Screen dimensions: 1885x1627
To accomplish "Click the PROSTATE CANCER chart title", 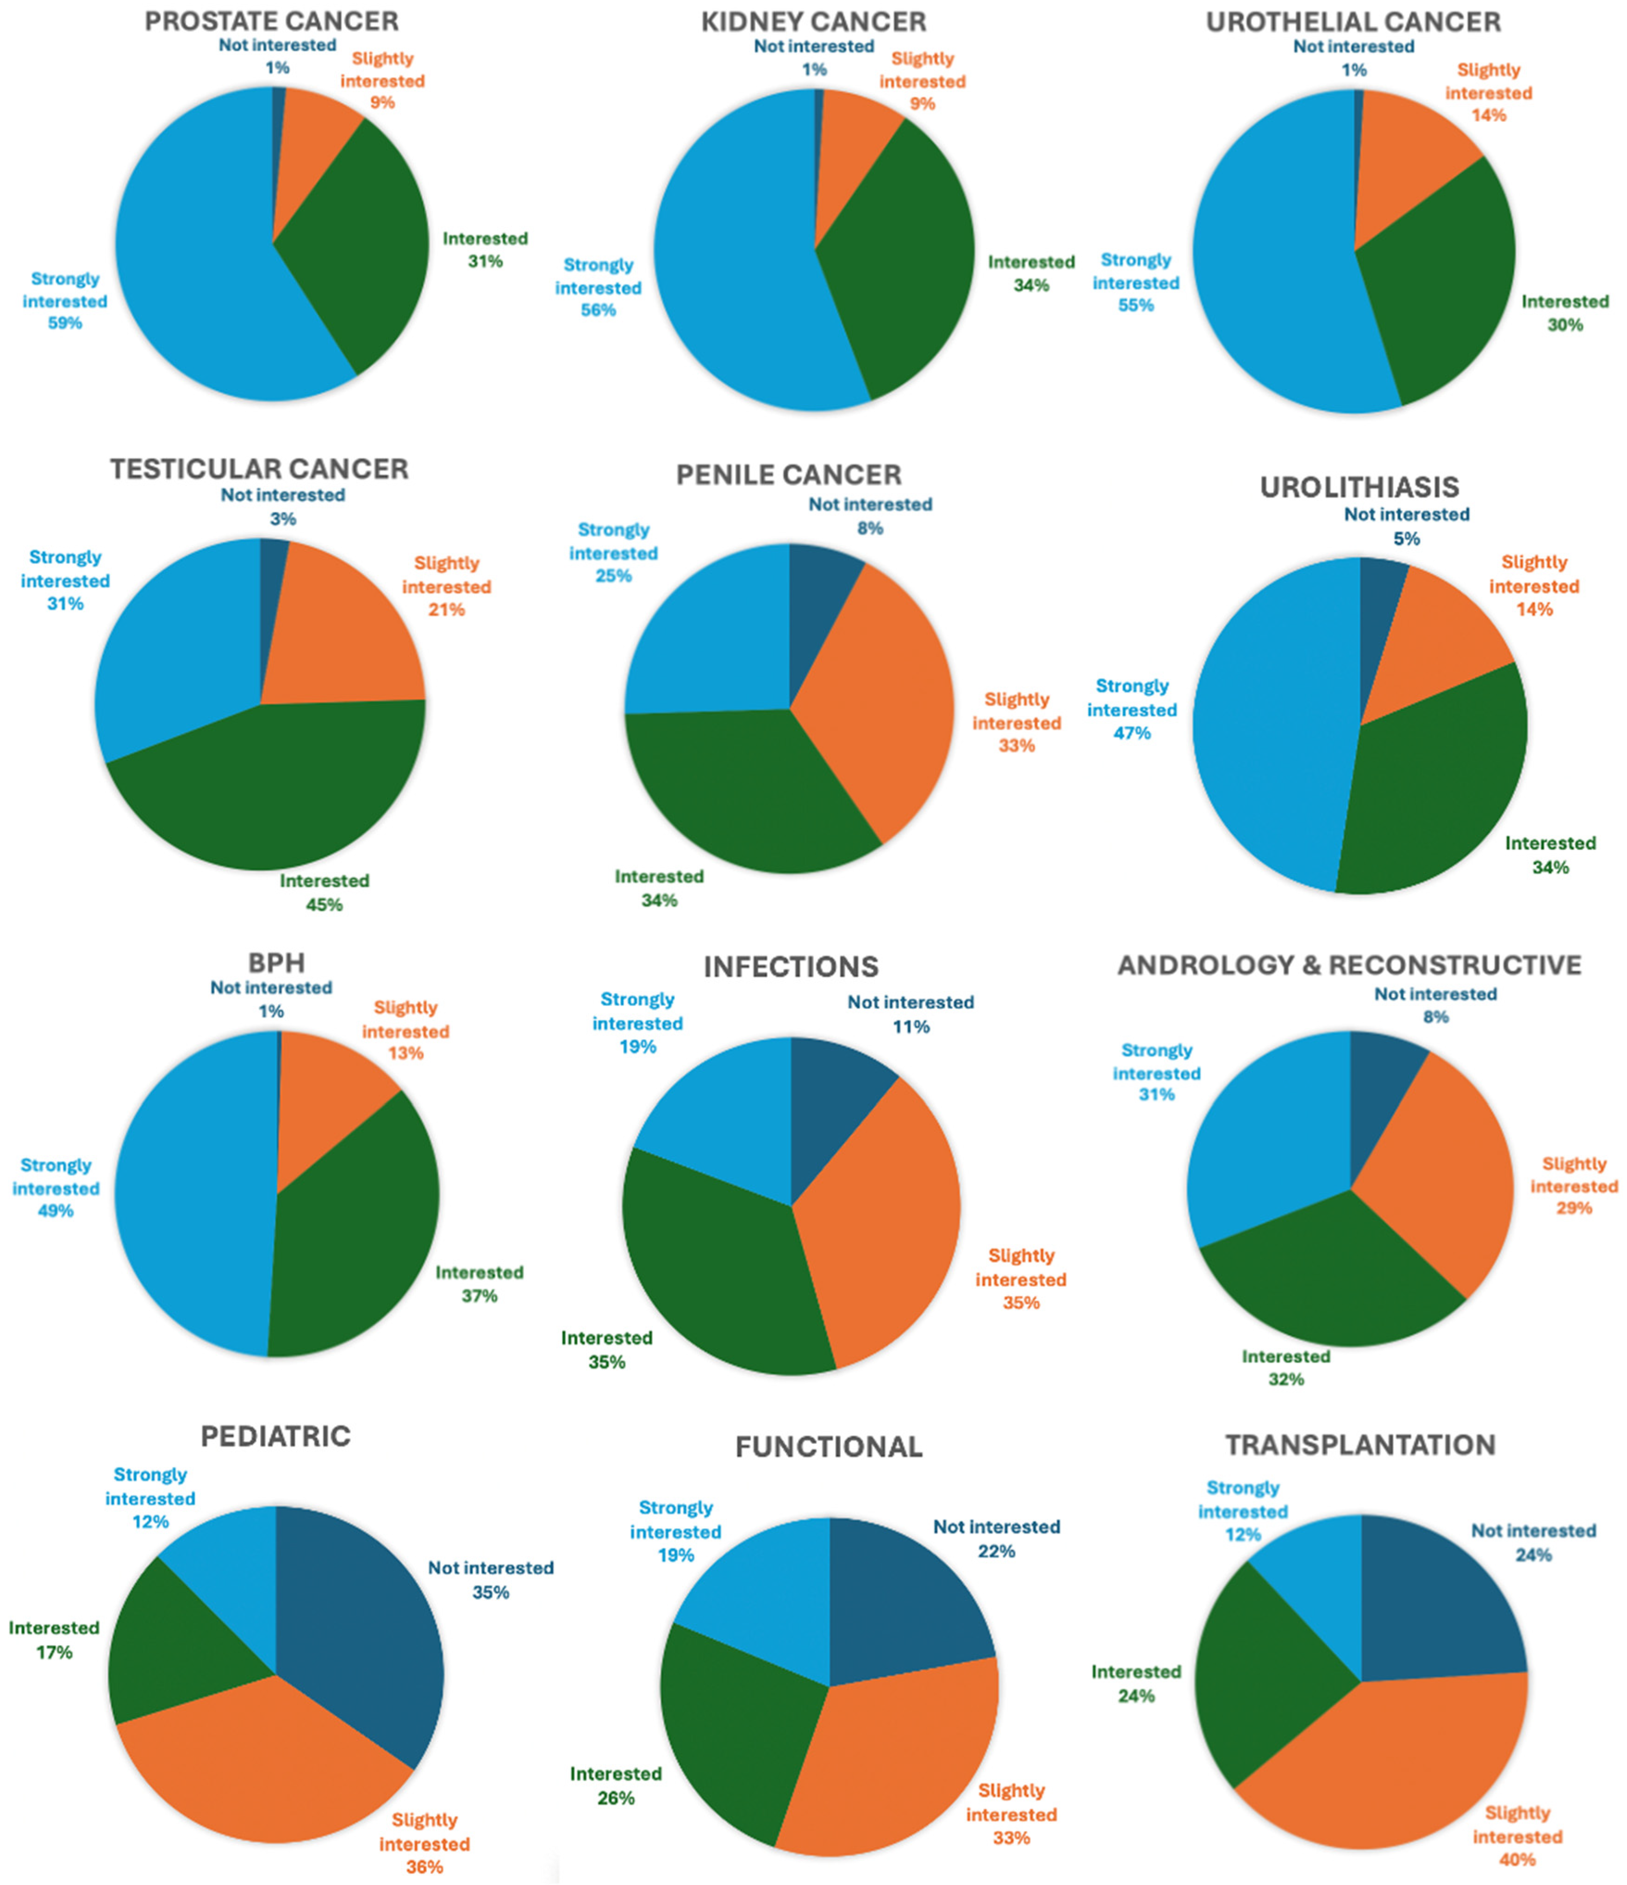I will (271, 21).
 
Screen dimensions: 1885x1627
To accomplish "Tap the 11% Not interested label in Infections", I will (910, 1026).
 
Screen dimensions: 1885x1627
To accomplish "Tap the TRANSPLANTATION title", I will (1359, 1445).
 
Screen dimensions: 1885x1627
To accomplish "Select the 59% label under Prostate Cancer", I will (64, 323).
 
